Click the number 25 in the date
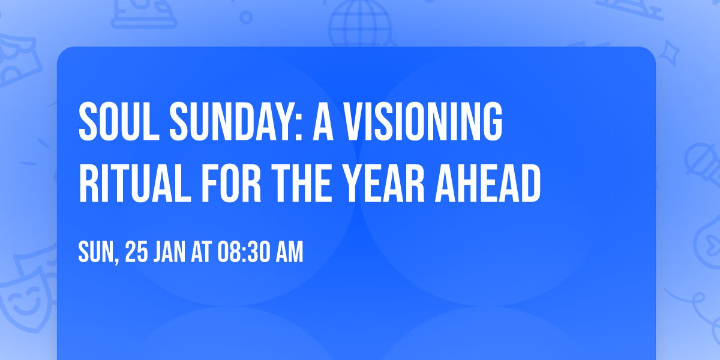click(x=136, y=253)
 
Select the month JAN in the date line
click(x=172, y=253)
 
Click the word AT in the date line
click(x=202, y=253)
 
